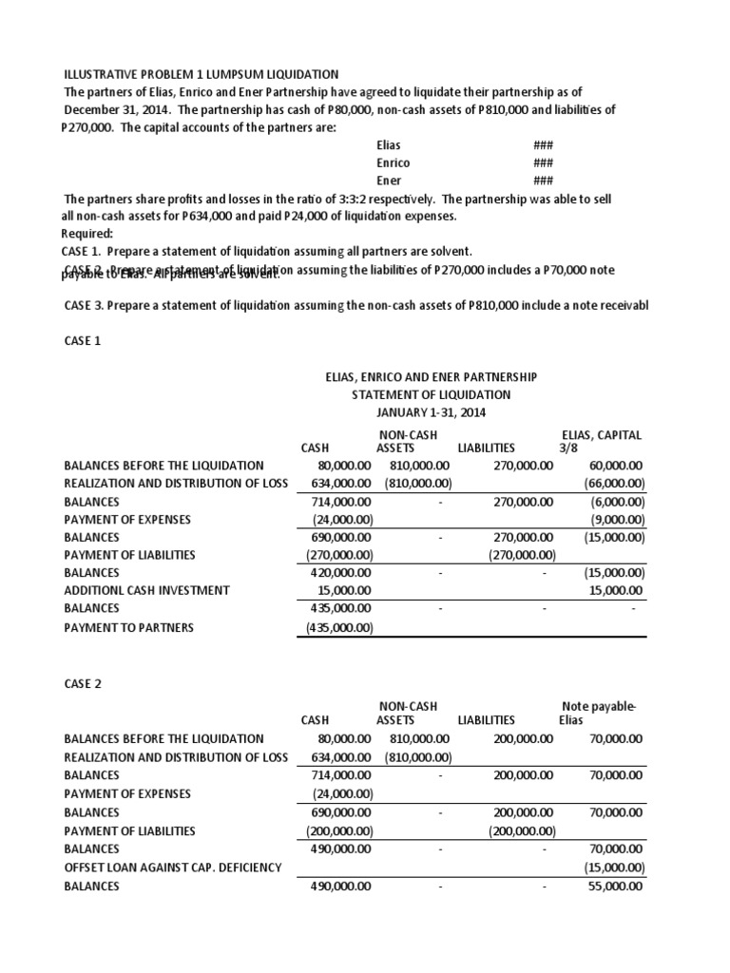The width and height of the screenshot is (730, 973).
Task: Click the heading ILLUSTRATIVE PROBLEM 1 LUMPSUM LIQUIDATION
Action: pos(201,74)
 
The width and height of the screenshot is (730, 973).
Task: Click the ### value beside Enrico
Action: pos(543,162)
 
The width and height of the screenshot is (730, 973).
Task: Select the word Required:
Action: pos(87,234)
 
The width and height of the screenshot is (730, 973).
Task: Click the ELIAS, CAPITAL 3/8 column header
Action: pos(602,441)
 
